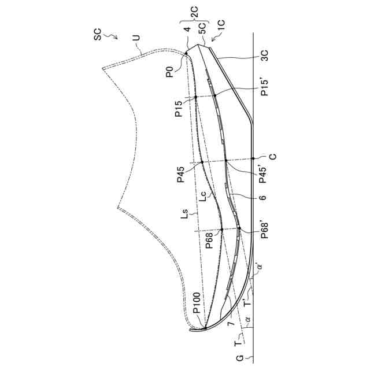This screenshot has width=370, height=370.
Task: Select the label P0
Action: (169, 73)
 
